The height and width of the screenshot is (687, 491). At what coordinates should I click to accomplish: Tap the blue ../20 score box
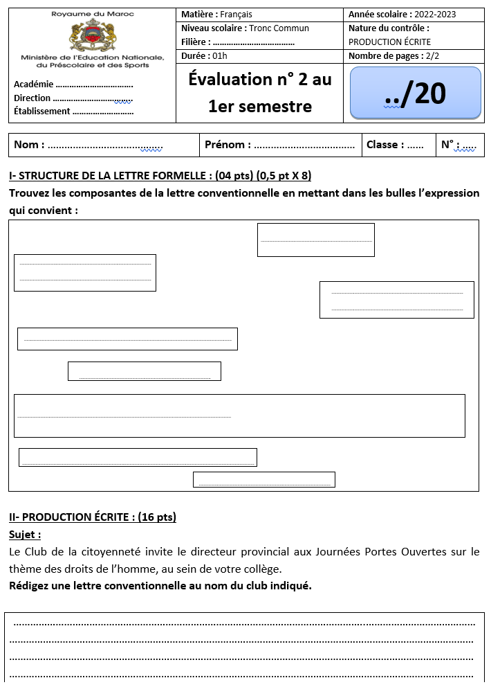tap(415, 93)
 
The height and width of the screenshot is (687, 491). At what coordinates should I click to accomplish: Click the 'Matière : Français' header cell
tap(216, 15)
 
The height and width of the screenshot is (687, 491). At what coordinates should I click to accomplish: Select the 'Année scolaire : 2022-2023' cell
tap(402, 15)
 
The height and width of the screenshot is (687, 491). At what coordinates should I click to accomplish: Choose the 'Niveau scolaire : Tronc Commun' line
tap(245, 28)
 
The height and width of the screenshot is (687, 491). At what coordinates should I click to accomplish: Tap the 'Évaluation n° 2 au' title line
tap(259, 80)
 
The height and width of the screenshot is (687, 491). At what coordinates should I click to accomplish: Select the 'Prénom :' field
tap(279, 145)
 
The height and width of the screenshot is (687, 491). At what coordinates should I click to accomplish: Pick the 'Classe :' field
tap(395, 145)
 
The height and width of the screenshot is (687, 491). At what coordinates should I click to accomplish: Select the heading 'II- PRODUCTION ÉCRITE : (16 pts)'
tap(93, 517)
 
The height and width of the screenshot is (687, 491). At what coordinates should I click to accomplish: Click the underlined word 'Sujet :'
tap(25, 535)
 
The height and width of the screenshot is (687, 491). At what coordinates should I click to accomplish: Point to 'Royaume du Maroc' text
tap(93, 14)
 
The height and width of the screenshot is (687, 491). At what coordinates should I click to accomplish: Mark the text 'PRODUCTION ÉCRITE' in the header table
tap(389, 42)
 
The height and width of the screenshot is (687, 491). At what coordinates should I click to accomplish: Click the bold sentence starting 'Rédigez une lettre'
tap(160, 586)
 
